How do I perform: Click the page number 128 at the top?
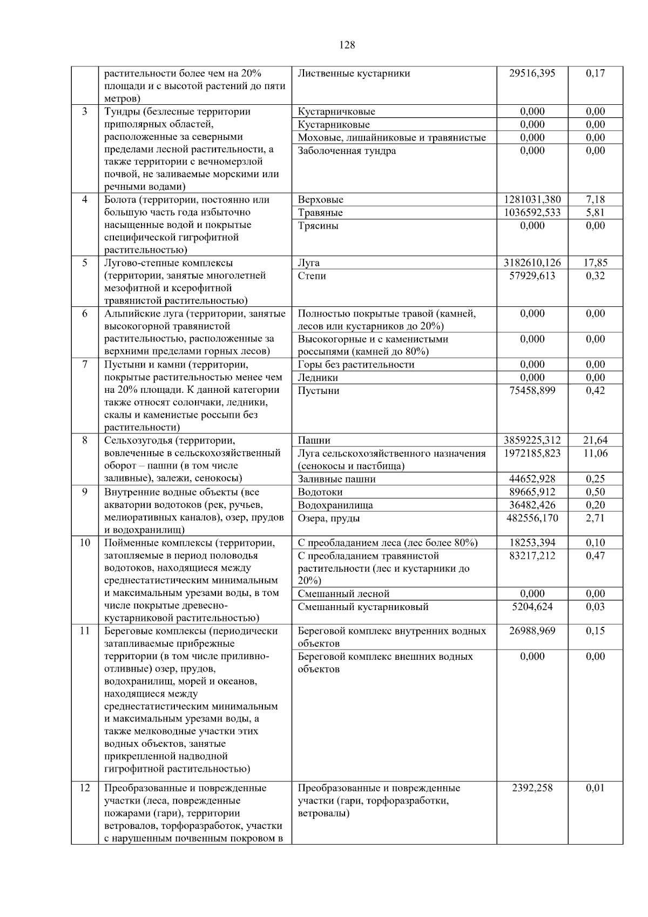click(x=347, y=45)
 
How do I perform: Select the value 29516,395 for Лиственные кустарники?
click(x=532, y=73)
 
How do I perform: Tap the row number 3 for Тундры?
click(x=84, y=112)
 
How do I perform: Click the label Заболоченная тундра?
click(x=347, y=151)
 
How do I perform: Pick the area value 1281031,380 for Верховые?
click(x=532, y=200)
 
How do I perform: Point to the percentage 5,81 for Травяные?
click(x=595, y=213)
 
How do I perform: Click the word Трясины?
click(x=318, y=226)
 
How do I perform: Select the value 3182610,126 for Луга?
click(x=532, y=263)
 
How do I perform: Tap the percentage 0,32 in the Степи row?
click(x=595, y=276)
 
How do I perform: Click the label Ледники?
click(x=318, y=378)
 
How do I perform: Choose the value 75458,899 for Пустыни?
click(x=532, y=391)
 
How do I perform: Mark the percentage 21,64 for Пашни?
click(x=595, y=440)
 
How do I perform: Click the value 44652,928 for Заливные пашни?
click(x=532, y=479)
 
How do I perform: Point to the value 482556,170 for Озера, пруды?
click(x=532, y=518)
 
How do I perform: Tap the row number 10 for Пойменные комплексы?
click(x=84, y=543)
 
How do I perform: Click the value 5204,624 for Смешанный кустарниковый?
click(x=532, y=607)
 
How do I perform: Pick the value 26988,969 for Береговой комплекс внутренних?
click(x=532, y=631)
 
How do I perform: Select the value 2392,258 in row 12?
click(x=532, y=788)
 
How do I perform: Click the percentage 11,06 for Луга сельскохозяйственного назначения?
click(x=595, y=453)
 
